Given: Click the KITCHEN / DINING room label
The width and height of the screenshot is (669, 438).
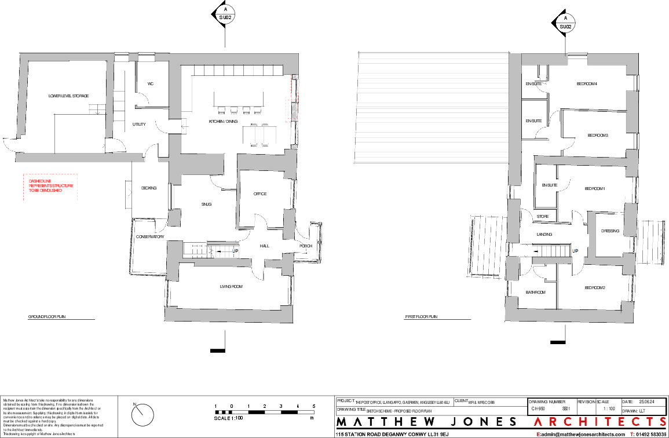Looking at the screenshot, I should click(x=223, y=122).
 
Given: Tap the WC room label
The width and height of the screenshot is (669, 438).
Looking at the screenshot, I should click(x=150, y=85).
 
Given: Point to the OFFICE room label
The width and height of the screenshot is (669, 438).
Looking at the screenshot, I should click(x=259, y=194).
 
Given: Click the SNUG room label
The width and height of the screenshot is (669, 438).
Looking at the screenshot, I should click(x=206, y=205).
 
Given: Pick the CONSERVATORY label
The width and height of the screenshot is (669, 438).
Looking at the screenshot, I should click(x=150, y=237).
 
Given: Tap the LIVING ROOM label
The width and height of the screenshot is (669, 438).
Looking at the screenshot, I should click(x=231, y=287).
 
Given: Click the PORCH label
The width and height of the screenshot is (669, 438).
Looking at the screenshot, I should click(x=306, y=246).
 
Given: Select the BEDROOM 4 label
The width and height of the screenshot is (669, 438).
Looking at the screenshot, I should click(x=586, y=85).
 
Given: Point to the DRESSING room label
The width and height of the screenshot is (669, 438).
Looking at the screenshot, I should click(x=610, y=231).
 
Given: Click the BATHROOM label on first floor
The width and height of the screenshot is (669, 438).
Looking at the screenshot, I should click(x=535, y=293).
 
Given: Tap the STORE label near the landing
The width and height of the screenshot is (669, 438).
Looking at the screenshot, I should click(x=542, y=217).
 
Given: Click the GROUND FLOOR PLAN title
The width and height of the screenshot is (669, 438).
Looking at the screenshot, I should click(x=46, y=317).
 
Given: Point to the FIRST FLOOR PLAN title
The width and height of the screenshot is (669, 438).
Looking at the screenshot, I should click(x=421, y=317).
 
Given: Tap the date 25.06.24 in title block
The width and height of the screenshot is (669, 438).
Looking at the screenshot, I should click(x=646, y=402).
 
